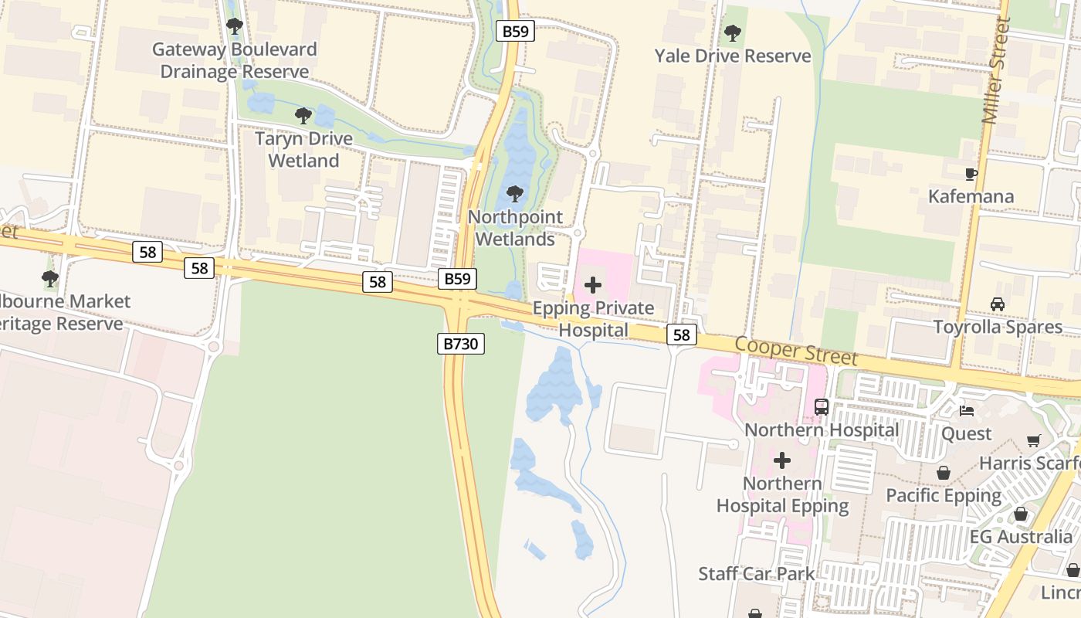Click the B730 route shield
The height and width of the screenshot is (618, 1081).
point(461,344)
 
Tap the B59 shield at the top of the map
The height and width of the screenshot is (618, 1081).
point(515,31)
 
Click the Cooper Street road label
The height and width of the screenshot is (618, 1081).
point(796,351)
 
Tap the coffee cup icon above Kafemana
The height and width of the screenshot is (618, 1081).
point(971,174)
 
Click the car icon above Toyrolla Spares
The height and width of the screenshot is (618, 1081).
point(998,304)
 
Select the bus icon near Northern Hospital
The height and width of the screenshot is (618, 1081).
point(822,406)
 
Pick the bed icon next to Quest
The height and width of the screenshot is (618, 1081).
point(966,411)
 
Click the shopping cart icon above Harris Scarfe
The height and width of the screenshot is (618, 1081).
point(1034,440)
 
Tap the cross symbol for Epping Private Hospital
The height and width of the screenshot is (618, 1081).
point(593,285)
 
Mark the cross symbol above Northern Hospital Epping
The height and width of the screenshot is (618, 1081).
point(782,461)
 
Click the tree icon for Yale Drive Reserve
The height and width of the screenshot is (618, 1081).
point(732,33)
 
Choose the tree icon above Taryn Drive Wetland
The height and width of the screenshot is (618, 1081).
point(303,116)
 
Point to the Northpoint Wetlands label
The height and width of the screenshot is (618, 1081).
point(515,228)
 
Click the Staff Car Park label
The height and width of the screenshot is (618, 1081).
point(756,573)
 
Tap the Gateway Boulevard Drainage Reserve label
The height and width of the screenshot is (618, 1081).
point(234,60)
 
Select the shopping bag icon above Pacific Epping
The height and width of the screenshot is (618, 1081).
point(944,473)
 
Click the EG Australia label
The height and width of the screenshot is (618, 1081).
point(1021,536)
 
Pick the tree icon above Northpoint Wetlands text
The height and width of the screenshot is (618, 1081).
point(515,193)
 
